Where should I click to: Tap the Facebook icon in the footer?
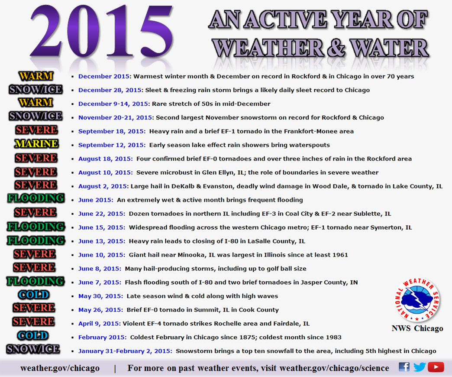point(404,367)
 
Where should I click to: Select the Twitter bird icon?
point(420,367)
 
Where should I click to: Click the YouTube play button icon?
point(436,367)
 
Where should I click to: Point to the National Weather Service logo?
point(417,299)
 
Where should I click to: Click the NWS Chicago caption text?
point(417,328)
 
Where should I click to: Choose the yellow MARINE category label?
point(37,143)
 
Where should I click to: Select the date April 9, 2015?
point(99,324)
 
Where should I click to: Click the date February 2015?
point(102,337)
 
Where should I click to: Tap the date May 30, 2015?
point(100,296)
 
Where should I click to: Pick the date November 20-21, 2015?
point(115,118)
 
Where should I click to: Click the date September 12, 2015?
point(112,145)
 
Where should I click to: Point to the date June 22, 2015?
point(101,214)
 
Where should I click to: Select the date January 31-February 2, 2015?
point(125,351)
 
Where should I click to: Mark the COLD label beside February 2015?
point(33,335)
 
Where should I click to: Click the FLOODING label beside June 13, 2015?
point(36,240)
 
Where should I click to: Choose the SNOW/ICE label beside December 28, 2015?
point(36,89)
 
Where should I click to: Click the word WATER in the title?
point(390,48)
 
